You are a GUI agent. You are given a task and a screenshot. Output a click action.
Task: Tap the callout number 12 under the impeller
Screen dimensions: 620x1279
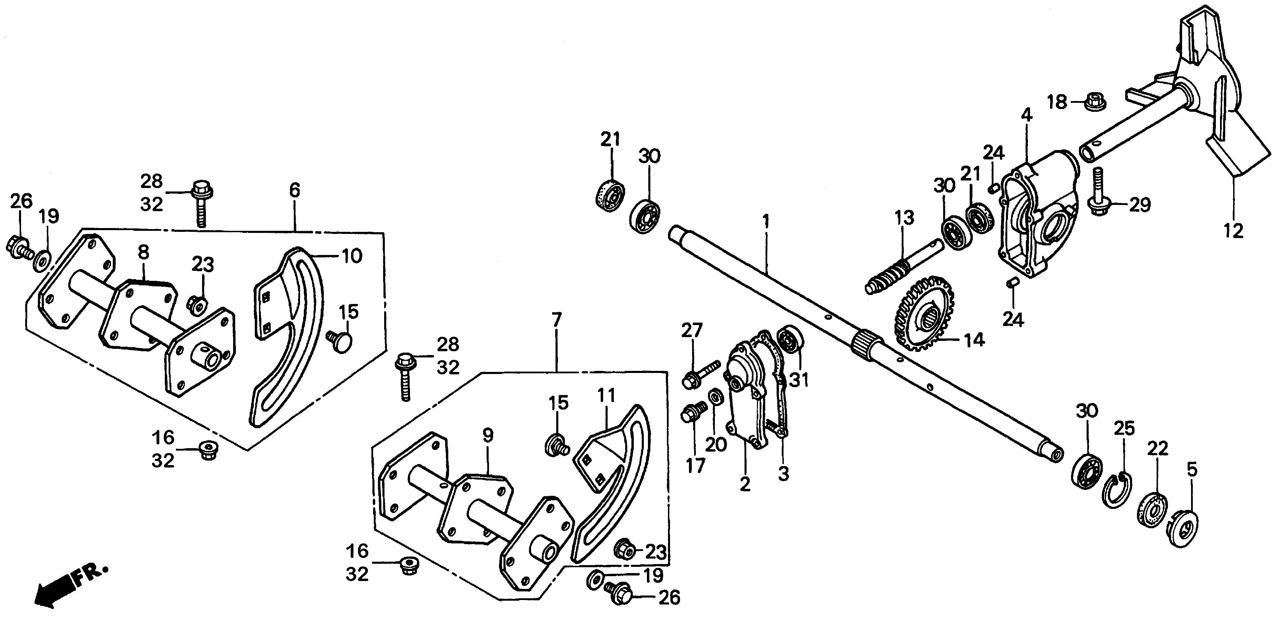tap(1233, 231)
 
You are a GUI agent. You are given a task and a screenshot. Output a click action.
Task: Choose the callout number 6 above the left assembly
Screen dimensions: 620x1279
tap(294, 190)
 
